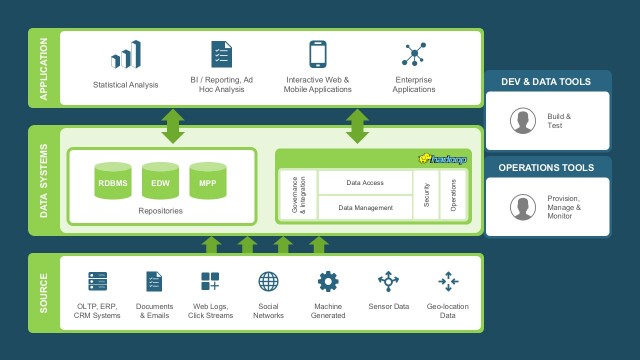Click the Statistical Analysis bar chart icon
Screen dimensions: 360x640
tap(126, 55)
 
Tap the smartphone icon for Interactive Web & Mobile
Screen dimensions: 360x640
tap(318, 54)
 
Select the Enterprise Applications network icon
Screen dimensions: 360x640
tap(413, 54)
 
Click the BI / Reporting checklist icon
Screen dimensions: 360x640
tap(221, 54)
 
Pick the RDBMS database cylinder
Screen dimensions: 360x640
tap(112, 183)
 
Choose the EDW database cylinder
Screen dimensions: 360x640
tap(160, 183)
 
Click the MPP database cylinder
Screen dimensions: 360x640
tap(207, 183)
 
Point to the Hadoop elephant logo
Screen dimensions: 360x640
tap(443, 159)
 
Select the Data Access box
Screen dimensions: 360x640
tap(364, 183)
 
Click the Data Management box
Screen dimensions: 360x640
tap(364, 207)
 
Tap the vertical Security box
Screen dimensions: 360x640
tap(426, 195)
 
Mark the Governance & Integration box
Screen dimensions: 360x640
tap(298, 195)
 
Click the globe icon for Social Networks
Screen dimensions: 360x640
tap(268, 281)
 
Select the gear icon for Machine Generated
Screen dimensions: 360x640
tap(327, 281)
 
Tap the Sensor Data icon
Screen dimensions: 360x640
tap(387, 281)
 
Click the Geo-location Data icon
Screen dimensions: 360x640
tap(447, 281)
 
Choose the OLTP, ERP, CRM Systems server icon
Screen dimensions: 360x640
tap(97, 281)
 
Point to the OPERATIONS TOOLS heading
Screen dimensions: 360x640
tap(547, 168)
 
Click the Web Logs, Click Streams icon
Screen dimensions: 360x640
tap(210, 281)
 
